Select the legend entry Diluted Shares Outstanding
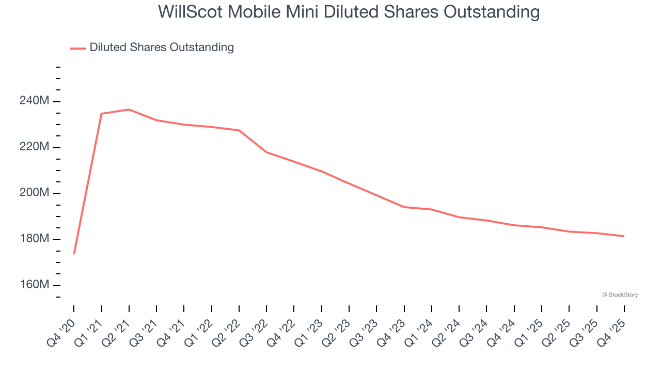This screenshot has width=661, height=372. pos(161,48)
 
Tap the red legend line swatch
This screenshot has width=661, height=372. pos(77,48)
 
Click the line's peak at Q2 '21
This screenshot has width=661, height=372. pos(129,110)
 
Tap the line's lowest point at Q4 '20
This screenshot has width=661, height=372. pos(74,253)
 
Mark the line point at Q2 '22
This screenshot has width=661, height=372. pos(239,130)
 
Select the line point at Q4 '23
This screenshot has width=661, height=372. pos(404,207)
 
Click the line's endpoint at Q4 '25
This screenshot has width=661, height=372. pos(624,236)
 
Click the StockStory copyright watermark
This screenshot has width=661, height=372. pos(620,295)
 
